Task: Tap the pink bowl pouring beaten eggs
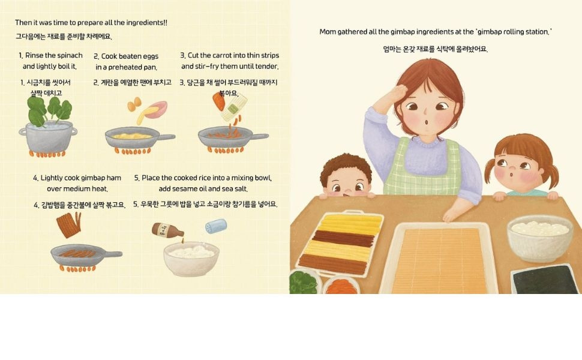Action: coord(156,109)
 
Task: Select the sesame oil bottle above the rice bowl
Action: coord(167,230)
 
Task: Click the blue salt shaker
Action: coord(216,226)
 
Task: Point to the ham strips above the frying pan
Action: coord(68,225)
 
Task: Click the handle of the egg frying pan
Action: coord(162,137)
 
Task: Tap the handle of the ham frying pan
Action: coord(109,254)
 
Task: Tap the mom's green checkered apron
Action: coord(422,167)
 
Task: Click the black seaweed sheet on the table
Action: coord(545,279)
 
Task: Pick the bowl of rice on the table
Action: coord(540,238)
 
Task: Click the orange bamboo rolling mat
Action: coord(440,260)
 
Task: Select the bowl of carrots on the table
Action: coord(341,285)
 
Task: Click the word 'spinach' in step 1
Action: coord(70,55)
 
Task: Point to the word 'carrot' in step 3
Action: coord(223,55)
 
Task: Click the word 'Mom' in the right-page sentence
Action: coord(328,32)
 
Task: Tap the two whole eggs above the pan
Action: coord(134,104)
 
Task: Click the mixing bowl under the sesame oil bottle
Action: coord(191,259)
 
